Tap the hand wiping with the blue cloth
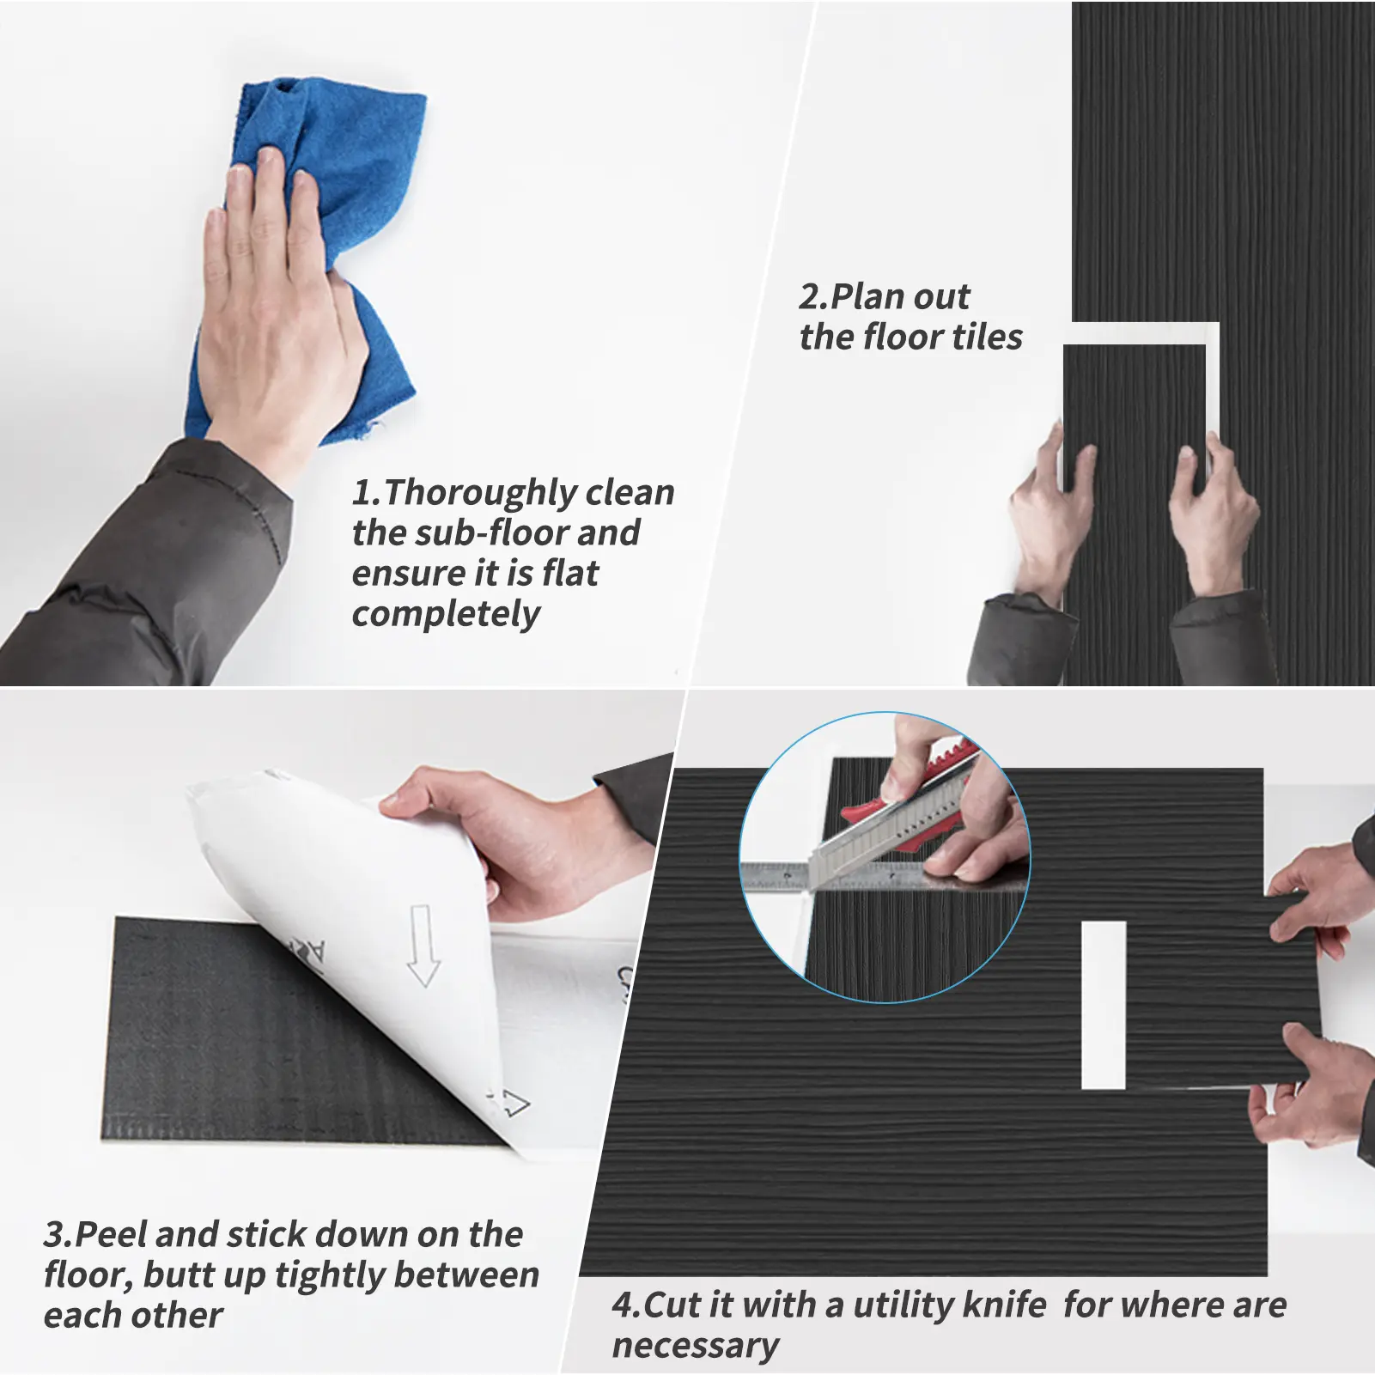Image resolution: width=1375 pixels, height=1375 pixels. (x=275, y=309)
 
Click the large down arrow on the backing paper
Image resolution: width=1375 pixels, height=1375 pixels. (x=422, y=945)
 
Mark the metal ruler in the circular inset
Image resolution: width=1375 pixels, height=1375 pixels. (x=885, y=877)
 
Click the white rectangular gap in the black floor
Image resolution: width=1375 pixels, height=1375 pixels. (x=1104, y=1006)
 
